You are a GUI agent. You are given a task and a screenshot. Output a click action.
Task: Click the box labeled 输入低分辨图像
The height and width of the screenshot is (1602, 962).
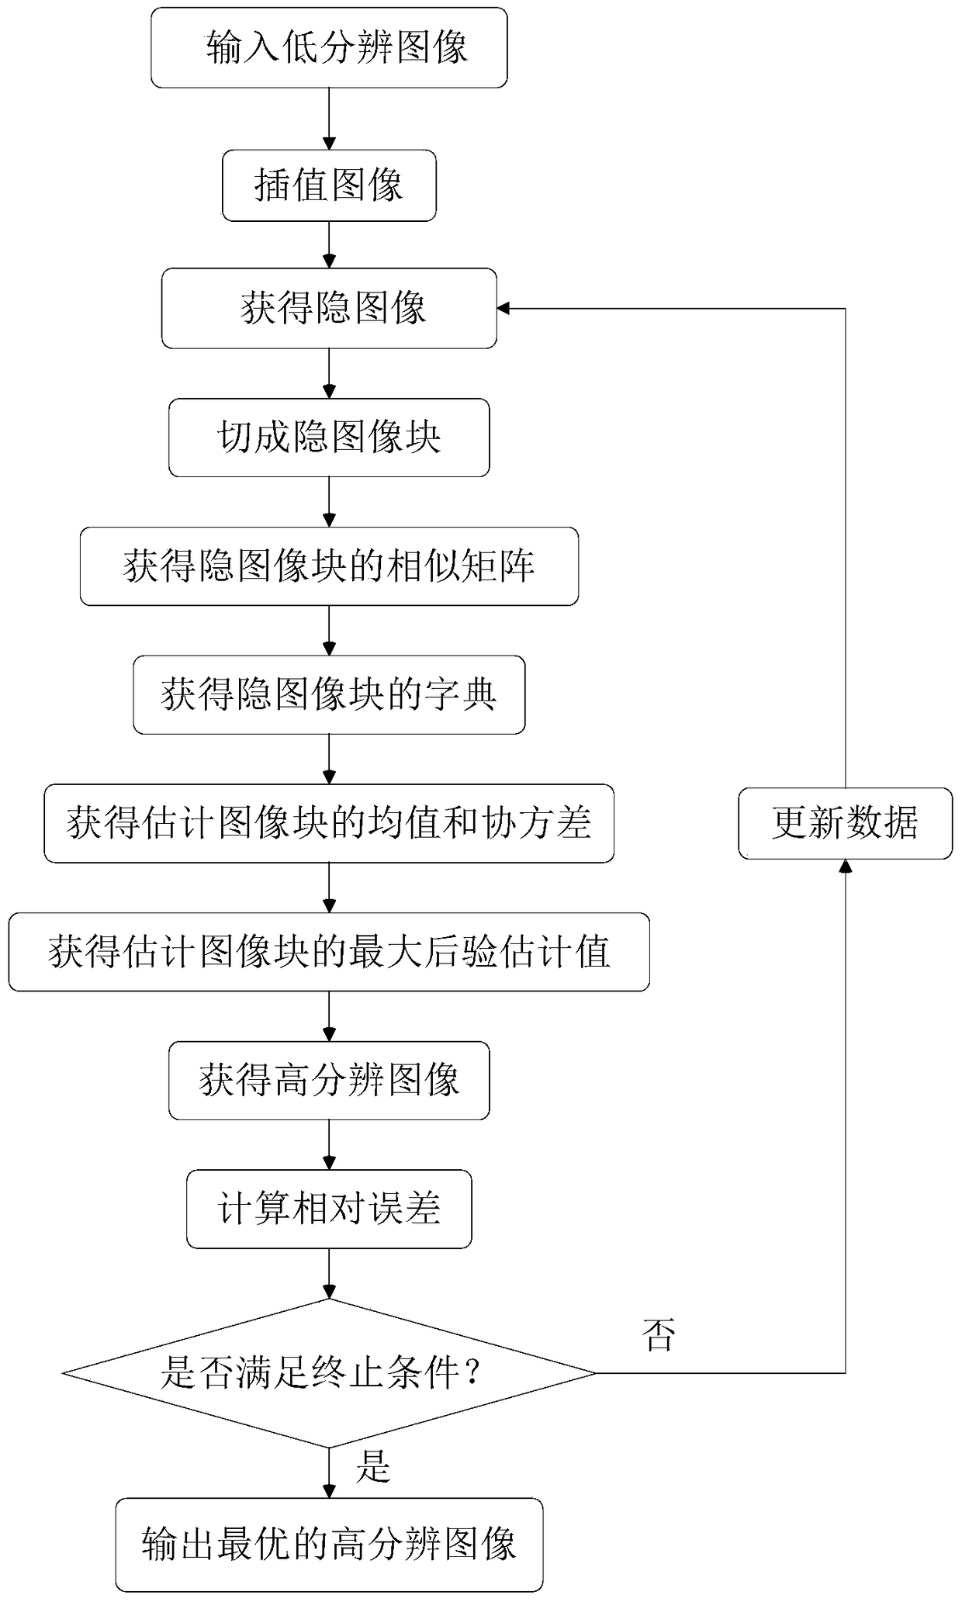pos(329,47)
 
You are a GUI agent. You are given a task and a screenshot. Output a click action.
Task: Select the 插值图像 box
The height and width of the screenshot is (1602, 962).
pos(329,185)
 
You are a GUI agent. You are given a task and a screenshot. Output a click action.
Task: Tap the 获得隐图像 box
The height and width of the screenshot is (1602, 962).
pos(329,308)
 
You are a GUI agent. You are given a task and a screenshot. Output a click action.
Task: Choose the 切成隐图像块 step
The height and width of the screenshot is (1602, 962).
pos(329,438)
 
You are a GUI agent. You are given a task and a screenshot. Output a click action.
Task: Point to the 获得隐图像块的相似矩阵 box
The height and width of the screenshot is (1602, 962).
pos(329,566)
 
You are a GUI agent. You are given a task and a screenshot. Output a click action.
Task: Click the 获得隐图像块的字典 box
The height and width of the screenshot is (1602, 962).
pos(329,695)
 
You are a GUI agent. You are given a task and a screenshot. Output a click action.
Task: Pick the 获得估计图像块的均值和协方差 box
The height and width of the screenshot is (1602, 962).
pos(329,823)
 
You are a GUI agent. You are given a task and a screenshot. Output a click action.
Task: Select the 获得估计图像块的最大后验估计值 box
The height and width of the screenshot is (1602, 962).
pos(329,952)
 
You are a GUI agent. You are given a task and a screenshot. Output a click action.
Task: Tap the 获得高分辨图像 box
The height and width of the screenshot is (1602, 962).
pos(329,1081)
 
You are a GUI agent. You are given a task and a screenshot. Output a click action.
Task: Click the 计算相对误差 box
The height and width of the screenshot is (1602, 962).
pos(329,1209)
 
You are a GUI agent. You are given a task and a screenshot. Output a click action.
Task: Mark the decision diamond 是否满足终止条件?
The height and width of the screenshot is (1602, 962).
pos(329,1372)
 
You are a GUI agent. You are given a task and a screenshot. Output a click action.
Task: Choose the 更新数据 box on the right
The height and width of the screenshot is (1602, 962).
pos(845,823)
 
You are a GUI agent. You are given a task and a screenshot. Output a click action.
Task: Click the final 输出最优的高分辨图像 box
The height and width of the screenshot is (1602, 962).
pos(329,1545)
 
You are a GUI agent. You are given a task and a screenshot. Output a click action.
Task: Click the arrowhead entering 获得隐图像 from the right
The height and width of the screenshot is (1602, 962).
pos(503,309)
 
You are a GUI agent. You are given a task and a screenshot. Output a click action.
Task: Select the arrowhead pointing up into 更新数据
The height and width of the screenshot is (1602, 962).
pos(845,866)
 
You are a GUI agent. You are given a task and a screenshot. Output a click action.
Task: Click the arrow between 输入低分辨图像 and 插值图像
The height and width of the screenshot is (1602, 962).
pos(329,119)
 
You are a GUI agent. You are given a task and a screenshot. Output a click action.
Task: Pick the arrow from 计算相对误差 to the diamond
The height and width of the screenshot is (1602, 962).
pos(329,1273)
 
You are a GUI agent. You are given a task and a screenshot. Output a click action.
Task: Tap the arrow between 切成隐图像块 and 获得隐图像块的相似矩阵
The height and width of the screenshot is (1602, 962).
pos(329,502)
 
